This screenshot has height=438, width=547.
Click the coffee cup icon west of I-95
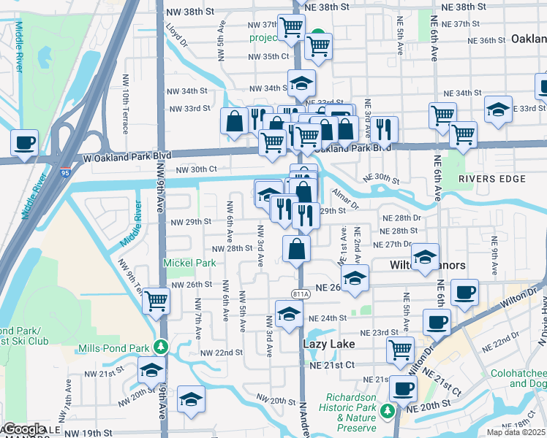24,142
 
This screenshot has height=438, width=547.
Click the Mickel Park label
189,263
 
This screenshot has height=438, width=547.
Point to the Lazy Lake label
328,344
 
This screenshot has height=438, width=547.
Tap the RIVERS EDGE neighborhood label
482,178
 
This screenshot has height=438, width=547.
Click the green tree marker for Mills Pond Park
167,347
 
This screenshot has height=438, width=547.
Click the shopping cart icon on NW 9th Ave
156,299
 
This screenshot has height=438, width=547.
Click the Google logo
23,430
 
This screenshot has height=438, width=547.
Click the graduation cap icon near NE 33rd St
499,109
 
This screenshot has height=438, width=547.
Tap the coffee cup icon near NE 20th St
402,387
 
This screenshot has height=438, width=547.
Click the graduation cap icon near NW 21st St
151,369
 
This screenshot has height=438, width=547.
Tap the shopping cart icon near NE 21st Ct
400,349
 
